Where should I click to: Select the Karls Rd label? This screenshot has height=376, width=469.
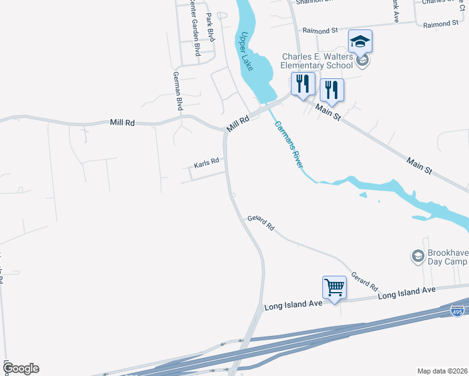pos(206,163)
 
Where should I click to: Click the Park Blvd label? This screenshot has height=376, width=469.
pos(211,26)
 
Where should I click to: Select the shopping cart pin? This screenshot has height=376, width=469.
pos(334,288)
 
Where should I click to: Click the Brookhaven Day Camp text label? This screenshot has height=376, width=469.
pos(448,259)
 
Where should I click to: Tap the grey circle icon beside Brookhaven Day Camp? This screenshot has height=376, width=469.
pos(417,256)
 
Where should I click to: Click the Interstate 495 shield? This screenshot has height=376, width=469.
pos(458,311)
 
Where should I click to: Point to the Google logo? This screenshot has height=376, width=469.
pos(21,368)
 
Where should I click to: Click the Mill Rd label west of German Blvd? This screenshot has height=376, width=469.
pos(122,123)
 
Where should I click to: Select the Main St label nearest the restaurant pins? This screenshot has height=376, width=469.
pos(328,112)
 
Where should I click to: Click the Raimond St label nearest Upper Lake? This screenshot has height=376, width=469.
pos(320,29)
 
